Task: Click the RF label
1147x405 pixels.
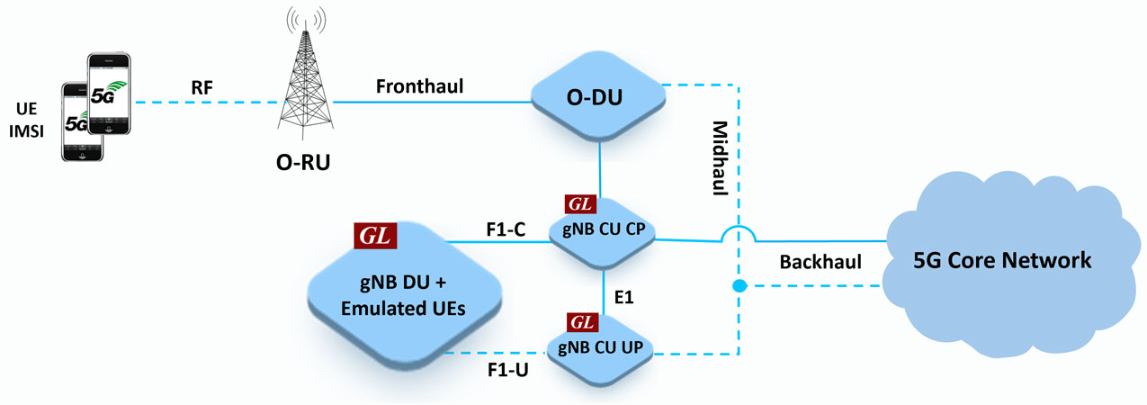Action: pyautogui.click(x=203, y=86)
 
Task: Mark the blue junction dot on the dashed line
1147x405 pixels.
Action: pyautogui.click(x=739, y=287)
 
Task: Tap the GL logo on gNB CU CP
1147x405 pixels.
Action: pyautogui.click(x=579, y=204)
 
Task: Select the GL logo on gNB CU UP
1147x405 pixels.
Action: pyautogui.click(x=579, y=322)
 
